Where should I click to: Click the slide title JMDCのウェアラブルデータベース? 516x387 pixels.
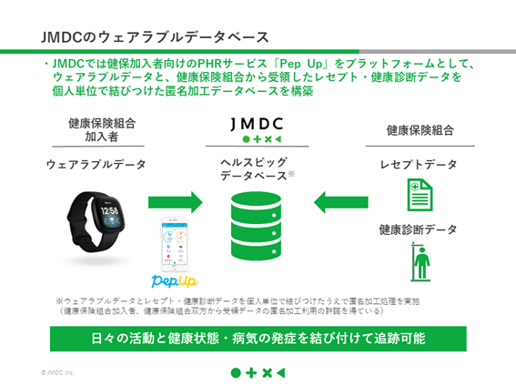tap(155, 37)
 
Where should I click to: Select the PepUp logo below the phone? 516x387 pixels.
tap(175, 279)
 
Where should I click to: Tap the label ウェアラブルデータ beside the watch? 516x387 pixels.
tap(96, 164)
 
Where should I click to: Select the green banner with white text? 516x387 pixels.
tap(258, 337)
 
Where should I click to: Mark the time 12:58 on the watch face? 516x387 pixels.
tap(108, 211)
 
